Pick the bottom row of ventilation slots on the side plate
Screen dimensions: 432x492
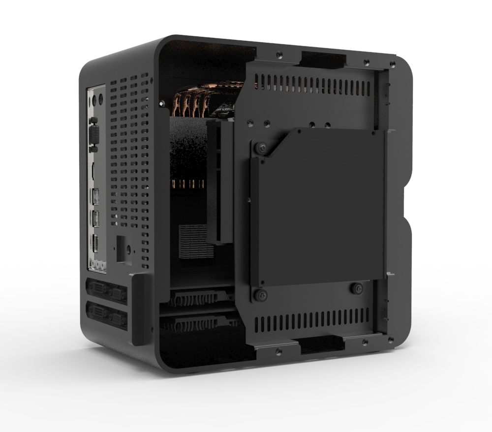point(312,323)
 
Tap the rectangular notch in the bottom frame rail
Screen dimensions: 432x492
point(322,346)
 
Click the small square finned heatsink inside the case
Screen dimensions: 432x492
point(197,241)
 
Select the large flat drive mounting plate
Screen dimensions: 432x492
point(320,207)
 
